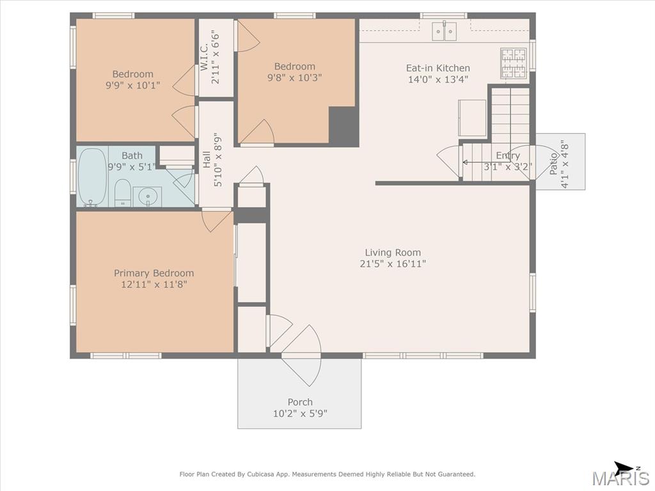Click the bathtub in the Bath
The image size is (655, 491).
click(92, 178)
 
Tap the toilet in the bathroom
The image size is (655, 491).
click(122, 193)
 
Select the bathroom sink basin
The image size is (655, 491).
click(148, 196)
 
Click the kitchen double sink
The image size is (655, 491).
click(444, 31)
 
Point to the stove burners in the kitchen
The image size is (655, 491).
click(514, 63)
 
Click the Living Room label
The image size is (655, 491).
click(393, 252)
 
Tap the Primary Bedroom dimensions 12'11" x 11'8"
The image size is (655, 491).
click(154, 284)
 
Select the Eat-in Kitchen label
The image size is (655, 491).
click(438, 68)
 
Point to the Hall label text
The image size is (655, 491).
click(207, 159)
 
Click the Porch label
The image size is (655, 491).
click(300, 402)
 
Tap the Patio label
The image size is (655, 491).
click(553, 164)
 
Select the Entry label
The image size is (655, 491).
click(508, 155)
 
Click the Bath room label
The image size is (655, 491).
click(132, 155)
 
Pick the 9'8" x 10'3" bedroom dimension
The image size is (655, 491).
click(294, 77)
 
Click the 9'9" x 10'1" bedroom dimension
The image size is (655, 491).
click(133, 86)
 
